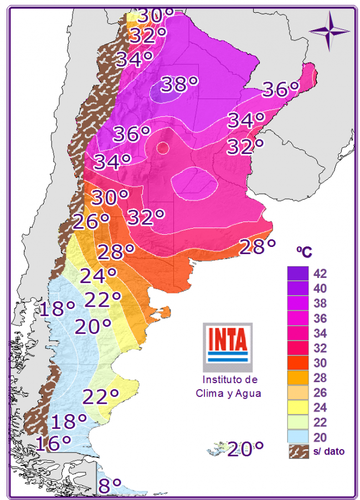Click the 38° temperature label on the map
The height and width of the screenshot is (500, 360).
click(179, 85)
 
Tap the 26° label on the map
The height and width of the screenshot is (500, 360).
click(91, 222)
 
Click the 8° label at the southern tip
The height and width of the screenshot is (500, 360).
click(110, 486)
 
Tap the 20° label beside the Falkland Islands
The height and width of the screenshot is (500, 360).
click(245, 448)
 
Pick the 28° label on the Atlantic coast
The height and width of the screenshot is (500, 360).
click(258, 246)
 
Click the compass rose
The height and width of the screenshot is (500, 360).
click(329, 30)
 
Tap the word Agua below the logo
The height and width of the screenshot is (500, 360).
click(248, 393)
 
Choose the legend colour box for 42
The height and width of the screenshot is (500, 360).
click(297, 274)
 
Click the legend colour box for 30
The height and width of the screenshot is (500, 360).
click(297, 363)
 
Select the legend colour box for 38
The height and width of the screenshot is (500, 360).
click(297, 303)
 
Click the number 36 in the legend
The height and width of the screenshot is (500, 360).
click(320, 318)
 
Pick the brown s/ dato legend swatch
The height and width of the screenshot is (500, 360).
click(297, 451)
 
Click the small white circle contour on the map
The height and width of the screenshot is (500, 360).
click(162, 147)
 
